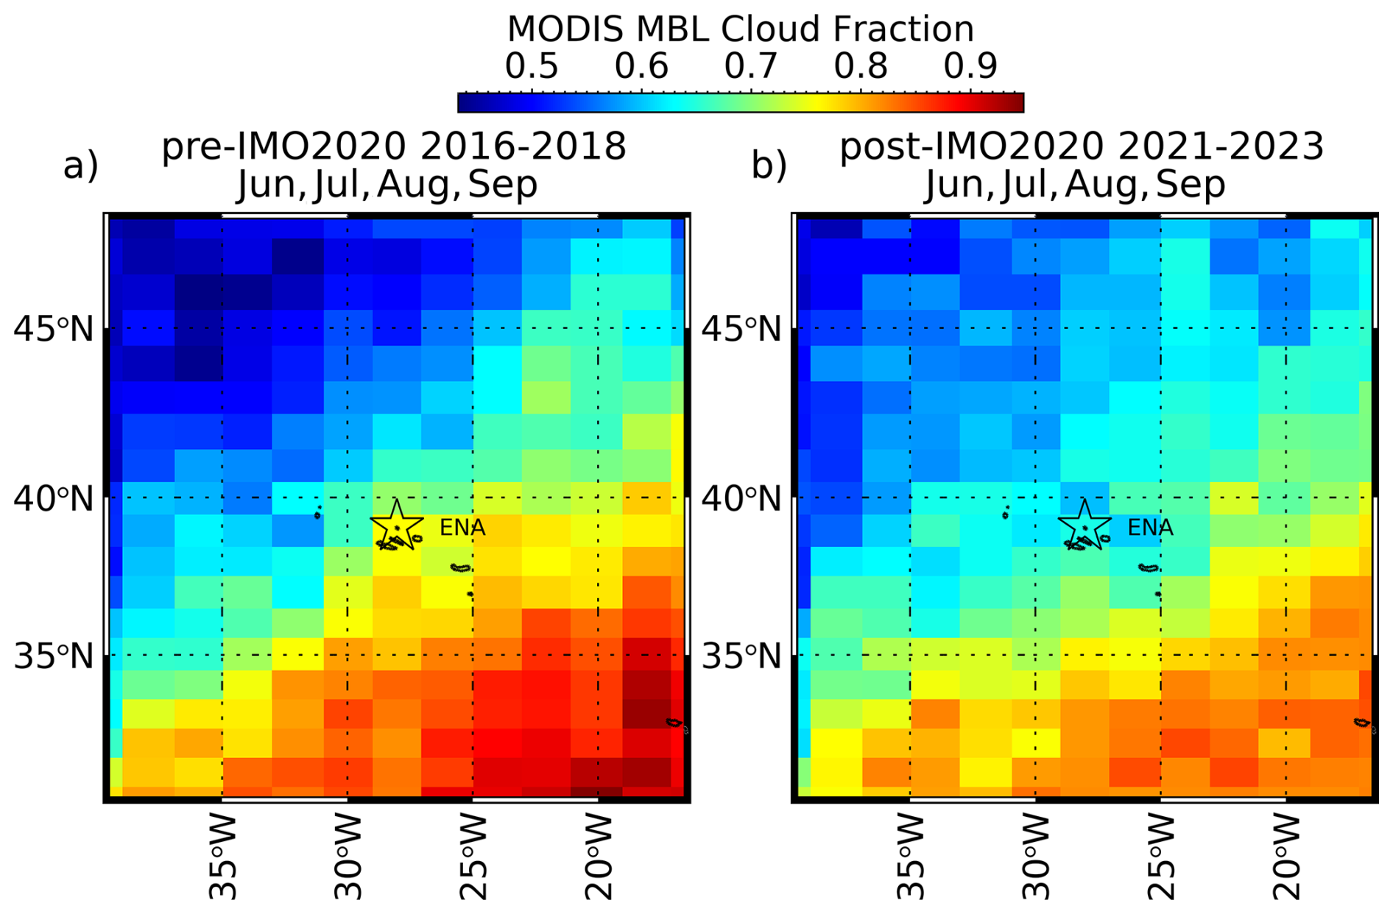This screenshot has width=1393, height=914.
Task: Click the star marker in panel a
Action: click(x=397, y=525)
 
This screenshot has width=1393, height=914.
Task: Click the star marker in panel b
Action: click(x=1085, y=525)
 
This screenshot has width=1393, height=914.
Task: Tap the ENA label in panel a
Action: click(x=462, y=528)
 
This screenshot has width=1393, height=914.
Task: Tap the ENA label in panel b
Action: click(x=1150, y=528)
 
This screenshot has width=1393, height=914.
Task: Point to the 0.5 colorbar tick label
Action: click(x=532, y=66)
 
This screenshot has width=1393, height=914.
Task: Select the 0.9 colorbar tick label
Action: click(x=970, y=66)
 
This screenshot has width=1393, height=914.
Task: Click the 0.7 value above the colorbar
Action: click(x=751, y=66)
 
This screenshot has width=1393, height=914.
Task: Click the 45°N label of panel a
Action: click(x=54, y=329)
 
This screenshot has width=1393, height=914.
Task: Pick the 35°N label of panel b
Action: click(x=741, y=656)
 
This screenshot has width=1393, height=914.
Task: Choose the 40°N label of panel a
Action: click(x=54, y=499)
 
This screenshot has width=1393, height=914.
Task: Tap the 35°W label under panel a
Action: click(x=223, y=857)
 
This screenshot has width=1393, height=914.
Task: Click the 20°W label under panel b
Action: click(x=1287, y=857)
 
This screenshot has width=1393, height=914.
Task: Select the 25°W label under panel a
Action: click(x=473, y=857)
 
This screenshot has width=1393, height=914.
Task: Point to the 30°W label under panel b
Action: click(x=1036, y=857)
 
